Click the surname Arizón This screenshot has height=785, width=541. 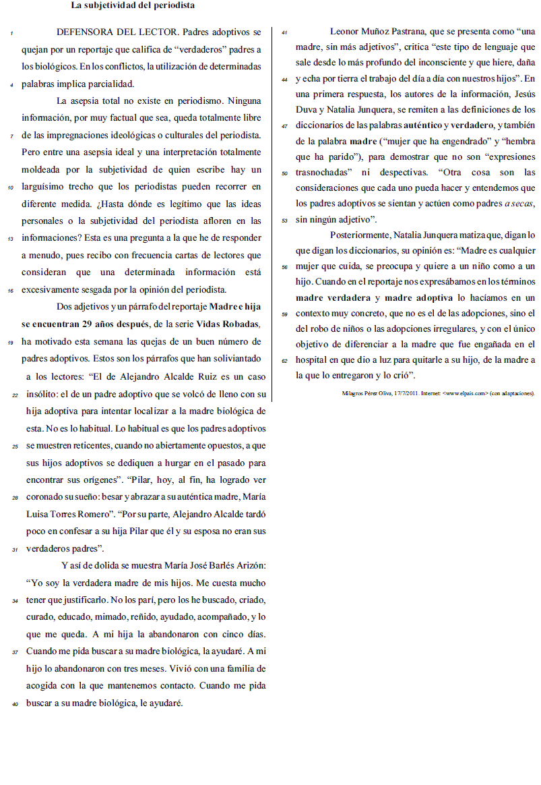(249, 564)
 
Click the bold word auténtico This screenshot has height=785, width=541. (422, 126)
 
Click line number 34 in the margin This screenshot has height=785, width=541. (14, 600)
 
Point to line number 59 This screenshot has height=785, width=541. (284, 314)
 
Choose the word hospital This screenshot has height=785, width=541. (313, 361)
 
